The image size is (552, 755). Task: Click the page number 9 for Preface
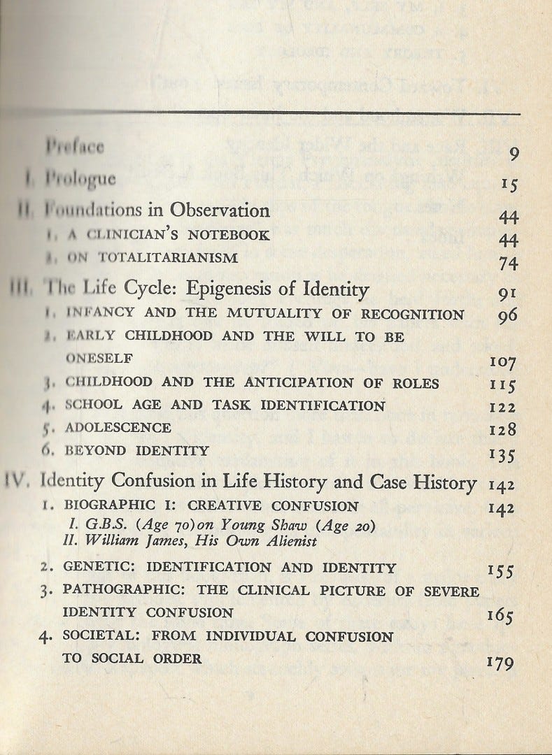click(514, 154)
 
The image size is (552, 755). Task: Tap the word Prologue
click(80, 179)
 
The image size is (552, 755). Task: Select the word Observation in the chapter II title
click(225, 210)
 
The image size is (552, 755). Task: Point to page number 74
click(508, 262)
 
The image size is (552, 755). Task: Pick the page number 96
click(508, 315)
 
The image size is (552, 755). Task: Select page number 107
click(503, 363)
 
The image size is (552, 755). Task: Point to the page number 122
click(503, 407)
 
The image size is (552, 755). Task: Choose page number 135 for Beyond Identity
click(503, 455)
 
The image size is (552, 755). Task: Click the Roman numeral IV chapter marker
click(18, 480)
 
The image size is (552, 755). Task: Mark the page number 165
click(501, 616)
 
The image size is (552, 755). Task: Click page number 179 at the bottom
click(501, 662)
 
